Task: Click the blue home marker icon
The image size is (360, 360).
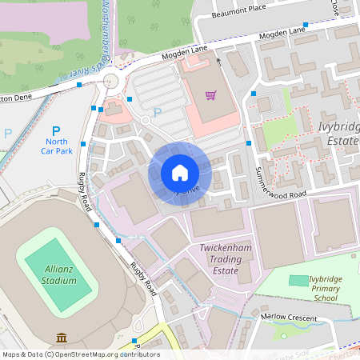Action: coord(179,172)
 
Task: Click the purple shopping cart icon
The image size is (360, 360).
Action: coord(210,95)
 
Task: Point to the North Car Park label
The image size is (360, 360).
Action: coord(55,146)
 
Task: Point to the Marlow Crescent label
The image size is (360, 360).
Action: coord(285,317)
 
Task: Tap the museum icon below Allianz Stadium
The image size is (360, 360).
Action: coord(61,338)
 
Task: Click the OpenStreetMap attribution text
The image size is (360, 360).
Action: coord(81,354)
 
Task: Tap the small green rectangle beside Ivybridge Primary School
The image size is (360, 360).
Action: coord(298,281)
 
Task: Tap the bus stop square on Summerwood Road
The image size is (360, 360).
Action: coord(249,143)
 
